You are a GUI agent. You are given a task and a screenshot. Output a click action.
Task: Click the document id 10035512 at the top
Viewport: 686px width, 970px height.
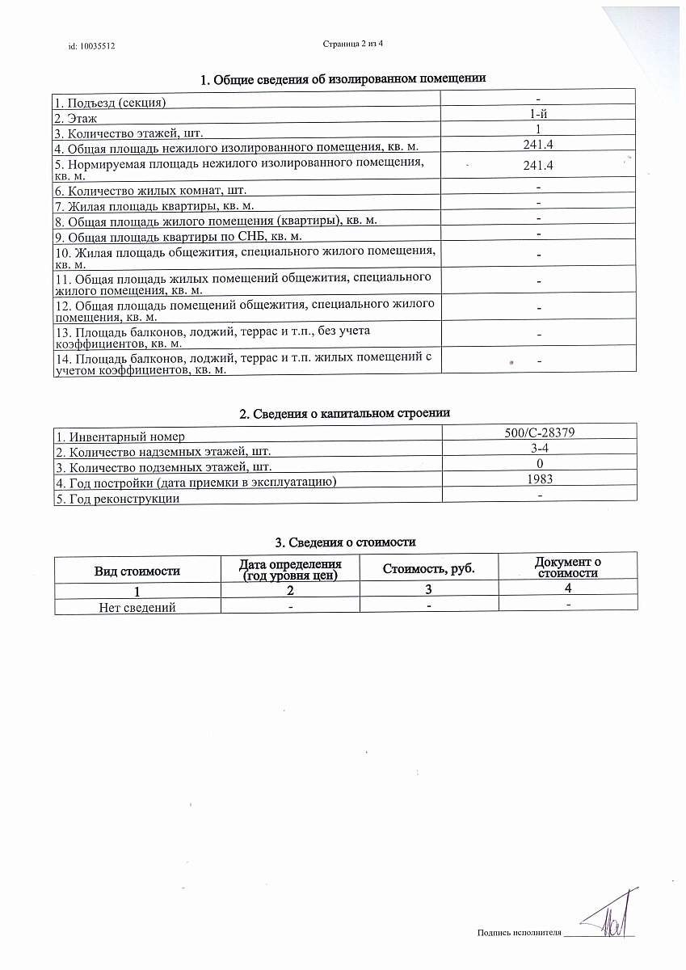tap(92, 47)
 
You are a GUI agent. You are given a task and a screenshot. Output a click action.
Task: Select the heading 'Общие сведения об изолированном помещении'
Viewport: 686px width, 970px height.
tap(343, 79)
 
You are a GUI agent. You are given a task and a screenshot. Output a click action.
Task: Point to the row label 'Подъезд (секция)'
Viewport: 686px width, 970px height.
tap(111, 103)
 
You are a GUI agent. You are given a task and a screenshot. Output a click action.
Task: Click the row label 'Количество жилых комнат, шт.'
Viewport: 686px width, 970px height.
tap(149, 191)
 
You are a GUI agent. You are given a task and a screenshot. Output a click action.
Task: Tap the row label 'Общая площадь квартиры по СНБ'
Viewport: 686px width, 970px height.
tap(178, 235)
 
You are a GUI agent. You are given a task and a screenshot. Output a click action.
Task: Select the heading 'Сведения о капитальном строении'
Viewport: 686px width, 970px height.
tap(345, 413)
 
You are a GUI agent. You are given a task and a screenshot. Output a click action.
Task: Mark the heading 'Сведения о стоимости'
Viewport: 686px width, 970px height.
tap(346, 542)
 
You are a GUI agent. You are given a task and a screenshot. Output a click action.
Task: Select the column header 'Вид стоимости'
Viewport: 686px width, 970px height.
tap(137, 571)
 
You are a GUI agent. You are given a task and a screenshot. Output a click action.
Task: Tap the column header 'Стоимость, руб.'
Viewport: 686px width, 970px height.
tap(428, 568)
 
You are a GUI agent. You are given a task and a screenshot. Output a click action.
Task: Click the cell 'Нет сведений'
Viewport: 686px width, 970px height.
tap(137, 607)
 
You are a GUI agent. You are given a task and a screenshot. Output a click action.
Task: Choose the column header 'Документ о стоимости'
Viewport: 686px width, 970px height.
tap(568, 567)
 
